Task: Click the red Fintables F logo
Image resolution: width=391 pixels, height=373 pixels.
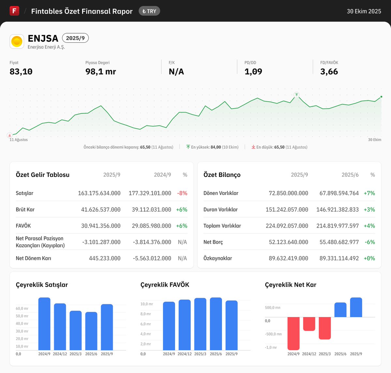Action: click(14, 11)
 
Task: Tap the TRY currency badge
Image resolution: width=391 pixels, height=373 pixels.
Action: click(149, 11)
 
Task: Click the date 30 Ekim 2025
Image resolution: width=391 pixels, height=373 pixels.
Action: click(364, 11)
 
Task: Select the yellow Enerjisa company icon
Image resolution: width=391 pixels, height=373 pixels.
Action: click(17, 41)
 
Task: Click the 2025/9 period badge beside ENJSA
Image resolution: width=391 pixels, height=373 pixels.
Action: click(75, 38)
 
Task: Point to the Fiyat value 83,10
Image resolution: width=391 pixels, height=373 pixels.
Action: click(21, 72)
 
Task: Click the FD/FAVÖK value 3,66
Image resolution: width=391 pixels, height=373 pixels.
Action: click(329, 72)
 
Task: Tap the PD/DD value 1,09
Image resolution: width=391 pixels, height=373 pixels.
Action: click(253, 72)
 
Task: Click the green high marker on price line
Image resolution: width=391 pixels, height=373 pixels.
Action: click(297, 95)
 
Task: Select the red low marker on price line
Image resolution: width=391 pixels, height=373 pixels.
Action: click(10, 135)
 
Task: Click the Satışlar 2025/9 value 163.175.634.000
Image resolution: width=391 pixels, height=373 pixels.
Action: click(99, 193)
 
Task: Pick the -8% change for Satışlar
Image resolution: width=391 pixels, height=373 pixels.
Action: click(182, 193)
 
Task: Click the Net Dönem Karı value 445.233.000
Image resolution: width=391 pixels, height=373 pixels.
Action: click(105, 258)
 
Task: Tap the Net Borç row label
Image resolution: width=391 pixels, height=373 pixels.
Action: click(213, 242)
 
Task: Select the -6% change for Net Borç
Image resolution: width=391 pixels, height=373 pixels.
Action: click(370, 242)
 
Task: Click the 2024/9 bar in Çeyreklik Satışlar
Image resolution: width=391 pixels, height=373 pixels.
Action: click(44, 324)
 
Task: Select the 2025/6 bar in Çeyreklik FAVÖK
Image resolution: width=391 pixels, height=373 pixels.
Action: click(216, 324)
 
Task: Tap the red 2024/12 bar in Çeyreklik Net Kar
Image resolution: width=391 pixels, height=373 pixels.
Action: click(309, 324)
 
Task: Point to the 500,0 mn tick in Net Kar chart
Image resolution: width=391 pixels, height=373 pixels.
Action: click(272, 308)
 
